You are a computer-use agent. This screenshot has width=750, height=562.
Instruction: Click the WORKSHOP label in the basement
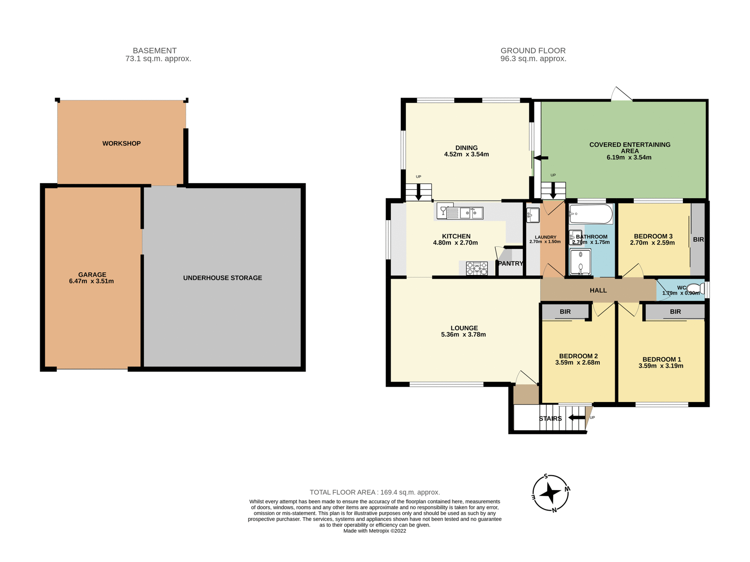[121, 144]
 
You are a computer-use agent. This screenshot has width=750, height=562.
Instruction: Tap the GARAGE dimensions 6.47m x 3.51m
[91, 281]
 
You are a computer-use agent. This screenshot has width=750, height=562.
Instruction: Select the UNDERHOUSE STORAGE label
[223, 278]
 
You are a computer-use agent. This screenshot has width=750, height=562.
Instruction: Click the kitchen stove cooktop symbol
[477, 269]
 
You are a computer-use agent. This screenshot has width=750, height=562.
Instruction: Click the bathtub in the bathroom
[591, 214]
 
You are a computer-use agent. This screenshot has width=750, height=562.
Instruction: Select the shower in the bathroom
[580, 262]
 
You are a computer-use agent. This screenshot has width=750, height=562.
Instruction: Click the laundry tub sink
[533, 215]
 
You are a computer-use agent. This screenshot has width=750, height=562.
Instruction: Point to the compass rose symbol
[550, 493]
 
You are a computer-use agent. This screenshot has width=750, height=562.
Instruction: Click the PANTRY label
[510, 264]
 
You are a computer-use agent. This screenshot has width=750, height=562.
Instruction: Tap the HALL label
[598, 290]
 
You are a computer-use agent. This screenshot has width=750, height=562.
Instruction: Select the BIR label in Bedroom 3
[698, 240]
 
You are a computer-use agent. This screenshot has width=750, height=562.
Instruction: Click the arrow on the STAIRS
[577, 418]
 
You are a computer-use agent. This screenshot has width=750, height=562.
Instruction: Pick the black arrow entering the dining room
[541, 158]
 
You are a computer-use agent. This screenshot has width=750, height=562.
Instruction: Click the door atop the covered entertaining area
[621, 95]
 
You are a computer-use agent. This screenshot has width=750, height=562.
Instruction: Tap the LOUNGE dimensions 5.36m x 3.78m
[463, 335]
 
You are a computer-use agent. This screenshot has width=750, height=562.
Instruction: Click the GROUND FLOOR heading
[533, 51]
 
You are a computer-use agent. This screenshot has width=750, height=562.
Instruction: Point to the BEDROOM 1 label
[662, 359]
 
